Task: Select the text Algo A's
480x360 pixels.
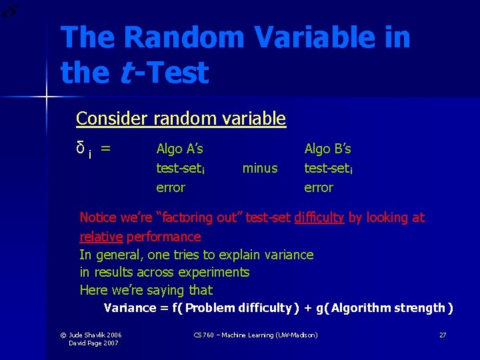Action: pyautogui.click(x=179, y=149)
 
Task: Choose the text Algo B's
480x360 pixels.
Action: pyautogui.click(x=327, y=149)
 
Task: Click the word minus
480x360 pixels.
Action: pyautogui.click(x=260, y=168)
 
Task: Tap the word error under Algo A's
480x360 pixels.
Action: pyautogui.click(x=170, y=187)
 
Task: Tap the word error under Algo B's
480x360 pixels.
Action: pyautogui.click(x=319, y=187)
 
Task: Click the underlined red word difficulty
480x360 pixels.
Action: pyautogui.click(x=319, y=217)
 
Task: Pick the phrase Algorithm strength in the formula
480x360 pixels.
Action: pyautogui.click(x=389, y=308)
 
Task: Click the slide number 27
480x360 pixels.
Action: pyautogui.click(x=443, y=335)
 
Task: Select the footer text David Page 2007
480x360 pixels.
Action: pyautogui.click(x=93, y=343)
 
